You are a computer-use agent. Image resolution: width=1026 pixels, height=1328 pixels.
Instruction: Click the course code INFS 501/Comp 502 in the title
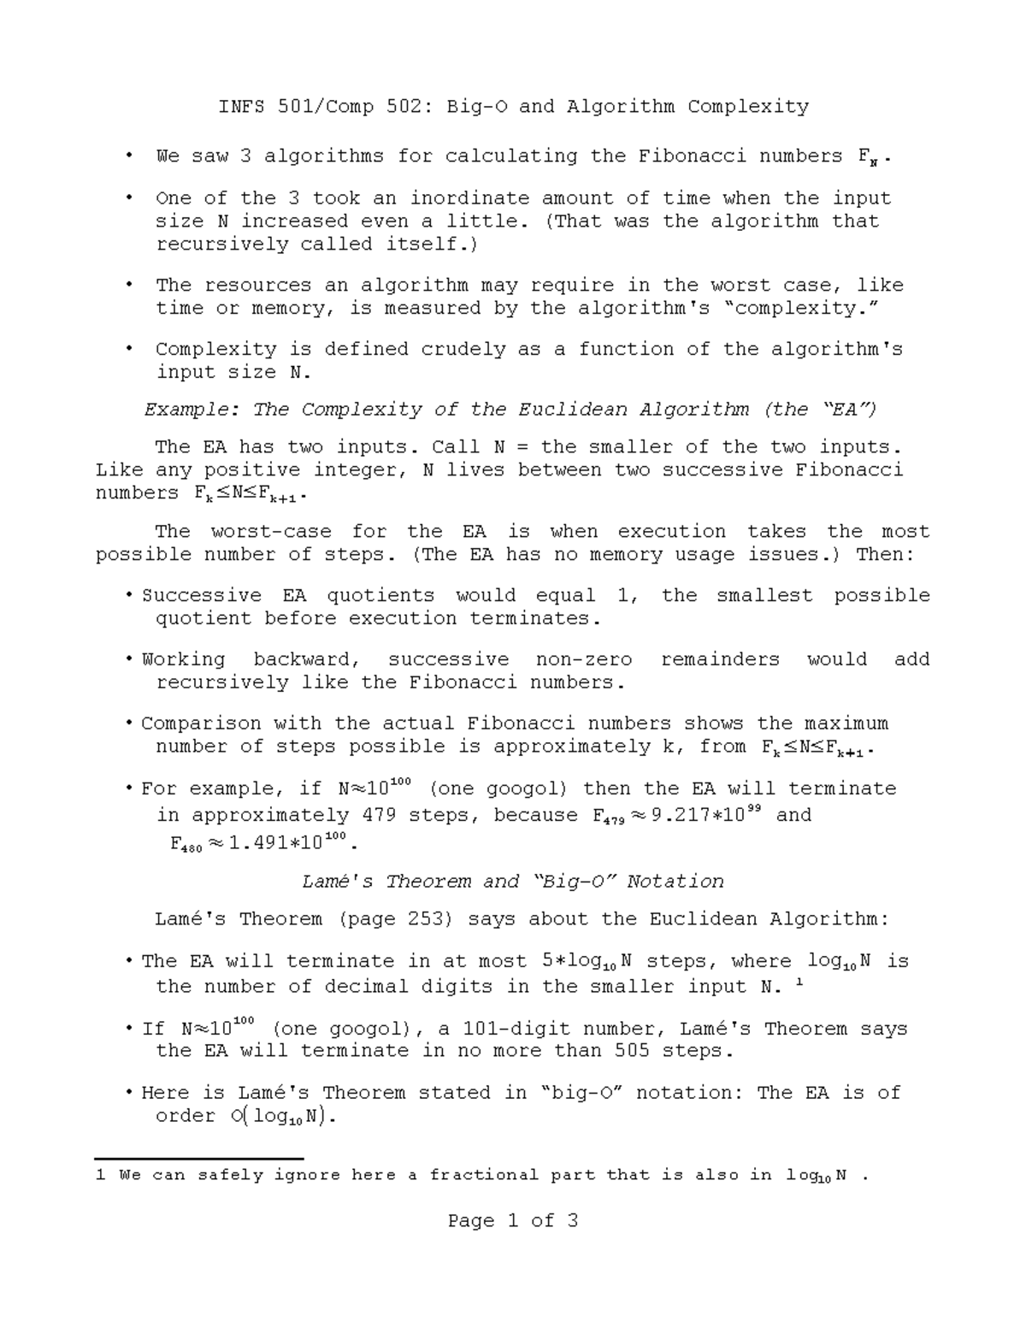click(325, 107)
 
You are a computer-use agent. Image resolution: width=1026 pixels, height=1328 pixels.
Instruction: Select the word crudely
click(463, 350)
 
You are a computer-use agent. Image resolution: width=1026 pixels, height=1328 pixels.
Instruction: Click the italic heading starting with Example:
click(510, 410)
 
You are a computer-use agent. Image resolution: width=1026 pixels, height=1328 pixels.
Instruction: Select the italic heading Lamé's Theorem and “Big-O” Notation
click(513, 882)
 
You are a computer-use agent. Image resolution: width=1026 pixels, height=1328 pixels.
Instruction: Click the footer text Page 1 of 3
click(513, 1221)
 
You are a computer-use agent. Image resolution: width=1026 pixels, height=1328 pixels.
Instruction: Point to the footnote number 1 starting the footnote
click(101, 1176)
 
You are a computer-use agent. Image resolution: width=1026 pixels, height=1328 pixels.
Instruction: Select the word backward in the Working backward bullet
click(307, 659)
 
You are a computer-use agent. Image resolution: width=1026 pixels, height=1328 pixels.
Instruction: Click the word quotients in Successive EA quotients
click(380, 595)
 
